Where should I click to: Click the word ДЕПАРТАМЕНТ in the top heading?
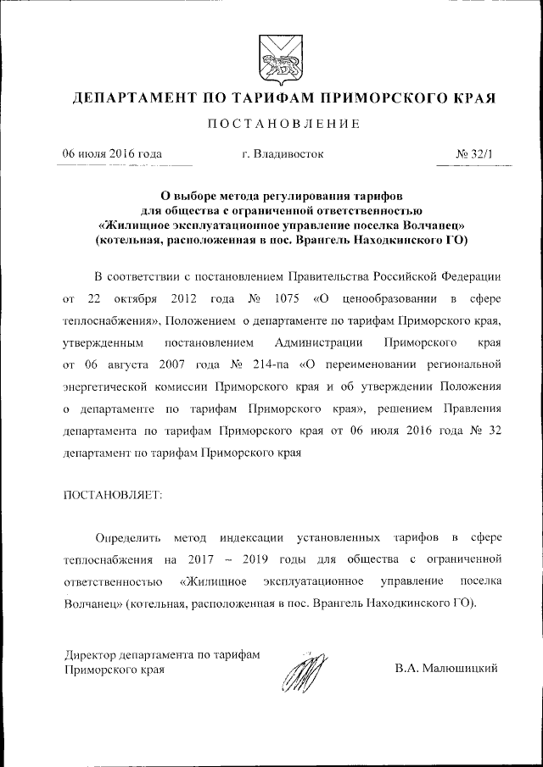(131, 98)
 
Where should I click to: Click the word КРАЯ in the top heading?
(469, 98)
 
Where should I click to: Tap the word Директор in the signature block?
(89, 653)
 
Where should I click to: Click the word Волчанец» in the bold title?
(431, 225)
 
